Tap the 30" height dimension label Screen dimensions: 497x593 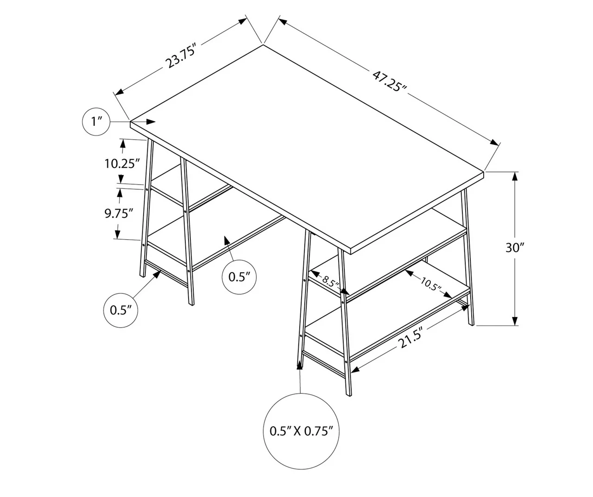[514, 248]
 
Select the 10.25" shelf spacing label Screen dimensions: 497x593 [122, 163]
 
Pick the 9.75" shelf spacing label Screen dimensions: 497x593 [119, 213]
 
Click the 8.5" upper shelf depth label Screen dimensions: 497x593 [331, 281]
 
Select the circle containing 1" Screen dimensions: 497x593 [96, 122]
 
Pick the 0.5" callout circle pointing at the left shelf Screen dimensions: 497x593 [239, 277]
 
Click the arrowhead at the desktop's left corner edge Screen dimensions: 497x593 [151, 122]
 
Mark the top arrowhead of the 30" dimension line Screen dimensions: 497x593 [515, 176]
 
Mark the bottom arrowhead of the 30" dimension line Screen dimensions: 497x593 [515, 321]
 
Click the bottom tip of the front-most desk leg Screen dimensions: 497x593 [348, 395]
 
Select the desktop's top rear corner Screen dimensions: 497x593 [263, 45]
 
